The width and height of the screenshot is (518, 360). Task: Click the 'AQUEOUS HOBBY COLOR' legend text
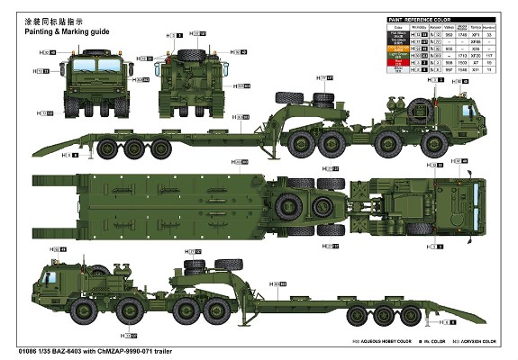coord(377,343)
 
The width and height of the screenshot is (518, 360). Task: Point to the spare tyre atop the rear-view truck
coord(190,54)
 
